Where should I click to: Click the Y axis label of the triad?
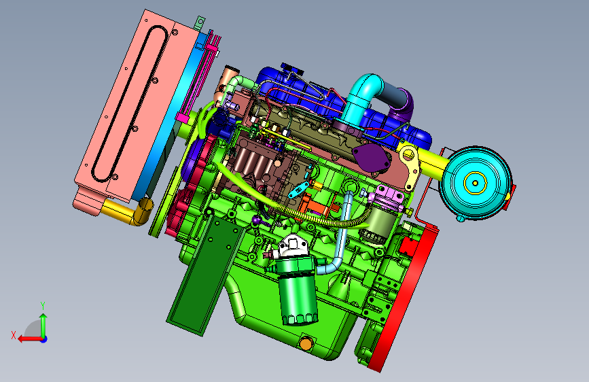43,306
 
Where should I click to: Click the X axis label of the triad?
14,335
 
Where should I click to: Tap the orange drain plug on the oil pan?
306,343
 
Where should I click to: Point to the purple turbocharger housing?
404,107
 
